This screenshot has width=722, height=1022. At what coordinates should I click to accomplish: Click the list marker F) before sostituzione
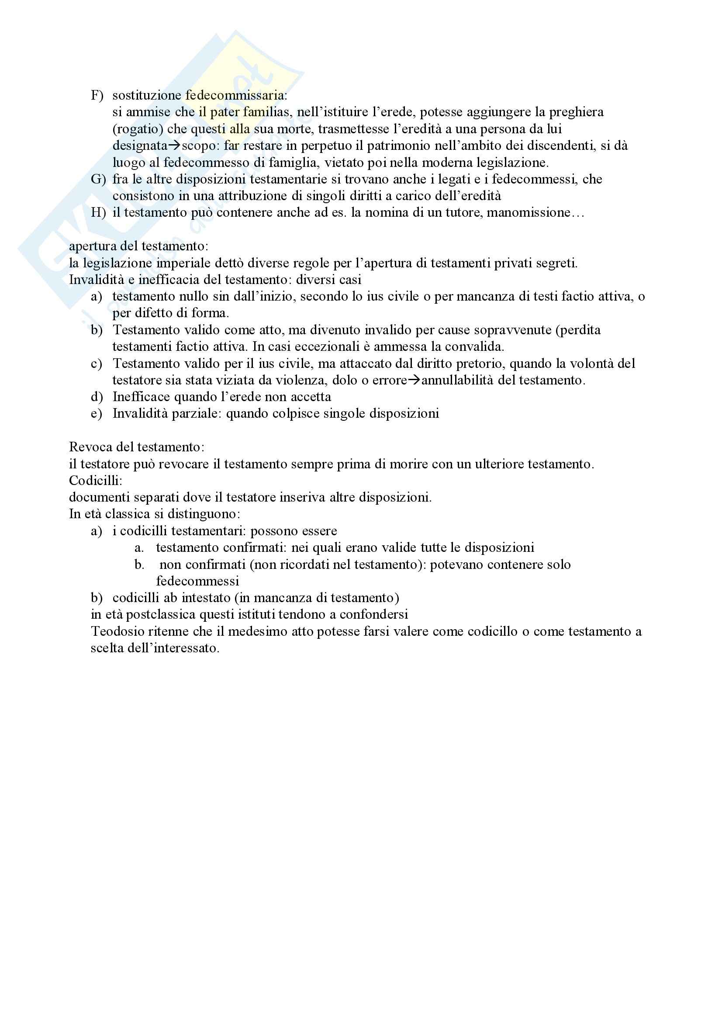pos(97,95)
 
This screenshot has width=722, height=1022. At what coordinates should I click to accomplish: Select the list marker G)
pos(98,180)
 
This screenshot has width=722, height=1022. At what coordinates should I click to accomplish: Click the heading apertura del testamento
pos(138,246)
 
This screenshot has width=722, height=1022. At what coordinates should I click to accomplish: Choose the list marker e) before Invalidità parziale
pos(96,414)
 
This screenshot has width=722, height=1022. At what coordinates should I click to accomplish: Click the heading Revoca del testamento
pos(137,447)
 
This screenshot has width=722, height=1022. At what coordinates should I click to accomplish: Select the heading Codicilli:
pos(95,481)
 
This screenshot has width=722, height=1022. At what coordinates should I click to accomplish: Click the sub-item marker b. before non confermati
pos(140,565)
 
